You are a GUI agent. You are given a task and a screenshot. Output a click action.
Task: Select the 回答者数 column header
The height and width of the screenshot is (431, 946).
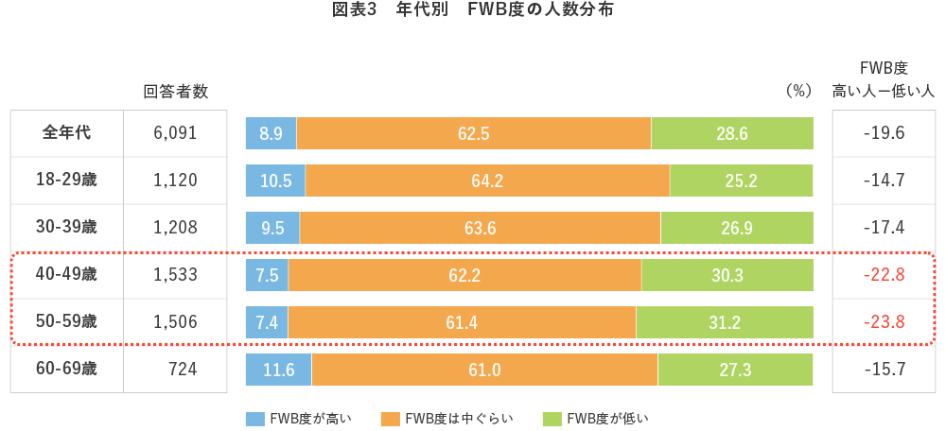click(175, 92)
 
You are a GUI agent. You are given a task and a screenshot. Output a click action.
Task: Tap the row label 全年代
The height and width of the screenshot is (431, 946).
click(67, 133)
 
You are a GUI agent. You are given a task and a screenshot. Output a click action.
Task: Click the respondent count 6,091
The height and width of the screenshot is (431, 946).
click(175, 133)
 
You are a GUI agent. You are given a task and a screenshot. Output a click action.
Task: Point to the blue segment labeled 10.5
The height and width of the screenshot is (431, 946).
click(275, 181)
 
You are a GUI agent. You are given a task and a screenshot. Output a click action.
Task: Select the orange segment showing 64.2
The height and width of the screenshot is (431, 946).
click(487, 181)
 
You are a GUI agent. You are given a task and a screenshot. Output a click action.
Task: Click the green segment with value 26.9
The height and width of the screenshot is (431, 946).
click(737, 228)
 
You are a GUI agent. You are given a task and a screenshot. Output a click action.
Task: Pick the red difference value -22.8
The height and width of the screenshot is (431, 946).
click(885, 275)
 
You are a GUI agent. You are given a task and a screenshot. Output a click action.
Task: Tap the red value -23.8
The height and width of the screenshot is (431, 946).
click(885, 322)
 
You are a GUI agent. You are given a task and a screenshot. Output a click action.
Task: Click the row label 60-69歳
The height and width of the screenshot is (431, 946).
click(67, 370)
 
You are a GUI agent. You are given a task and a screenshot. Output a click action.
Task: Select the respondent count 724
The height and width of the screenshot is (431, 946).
click(181, 370)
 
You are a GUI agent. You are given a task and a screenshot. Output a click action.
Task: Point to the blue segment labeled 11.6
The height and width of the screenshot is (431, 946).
click(278, 370)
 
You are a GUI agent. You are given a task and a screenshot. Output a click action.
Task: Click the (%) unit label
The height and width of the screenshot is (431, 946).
click(799, 92)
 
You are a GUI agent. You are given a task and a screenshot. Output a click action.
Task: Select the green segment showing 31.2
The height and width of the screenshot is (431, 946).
click(725, 322)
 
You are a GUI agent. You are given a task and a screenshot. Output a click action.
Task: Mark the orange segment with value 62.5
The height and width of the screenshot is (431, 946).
click(474, 133)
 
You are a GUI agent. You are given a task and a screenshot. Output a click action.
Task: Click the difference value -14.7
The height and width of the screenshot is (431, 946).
click(885, 181)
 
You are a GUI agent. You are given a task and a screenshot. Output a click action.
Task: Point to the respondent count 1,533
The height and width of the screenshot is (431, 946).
click(175, 275)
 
